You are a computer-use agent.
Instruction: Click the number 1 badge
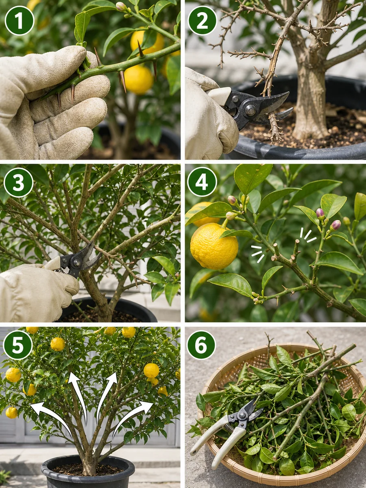(20, 21)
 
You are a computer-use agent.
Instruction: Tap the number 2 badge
(202, 21)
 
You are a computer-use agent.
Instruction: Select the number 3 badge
(19, 183)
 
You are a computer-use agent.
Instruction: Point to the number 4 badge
(202, 182)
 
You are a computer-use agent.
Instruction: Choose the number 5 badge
(18, 345)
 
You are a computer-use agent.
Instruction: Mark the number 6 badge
(201, 345)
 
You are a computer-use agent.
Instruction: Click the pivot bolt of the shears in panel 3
(77, 263)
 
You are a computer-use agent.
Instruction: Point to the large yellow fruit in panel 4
(214, 246)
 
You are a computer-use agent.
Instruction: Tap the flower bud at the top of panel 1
(121, 6)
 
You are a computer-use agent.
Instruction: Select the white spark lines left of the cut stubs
(258, 254)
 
